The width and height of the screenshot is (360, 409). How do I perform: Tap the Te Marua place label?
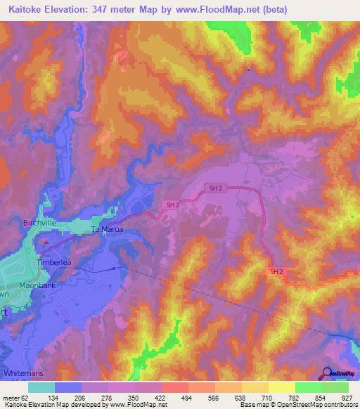tap(107, 230)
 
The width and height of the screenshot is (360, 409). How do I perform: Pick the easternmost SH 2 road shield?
tap(276, 272)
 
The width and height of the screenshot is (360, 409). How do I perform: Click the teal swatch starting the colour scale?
tap(41, 387)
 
